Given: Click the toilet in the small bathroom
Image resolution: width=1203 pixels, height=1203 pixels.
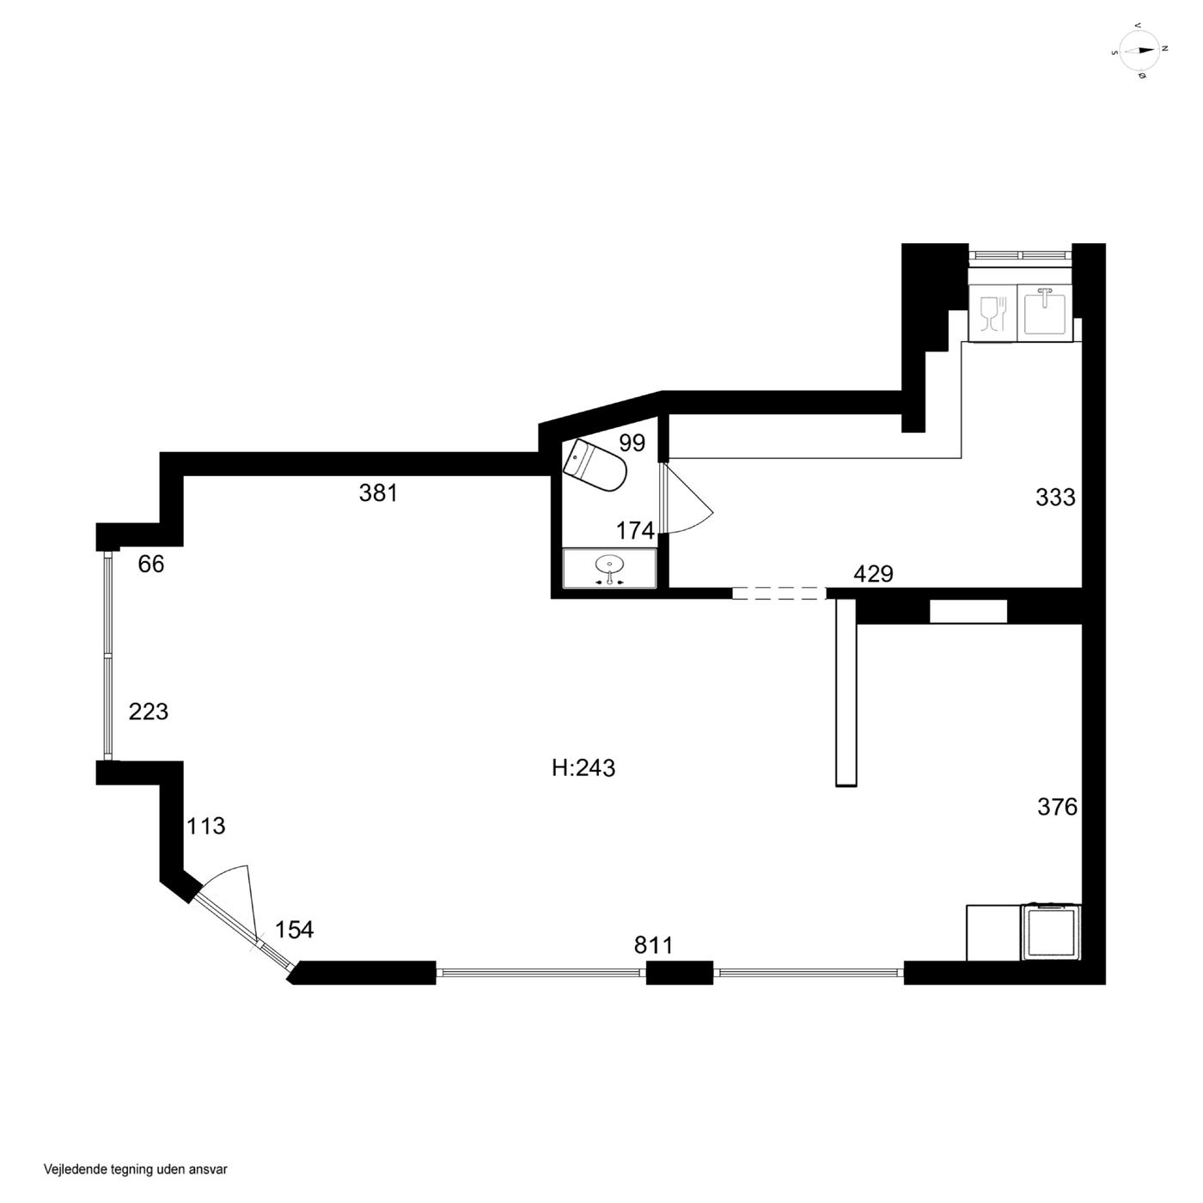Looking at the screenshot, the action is click(x=594, y=465).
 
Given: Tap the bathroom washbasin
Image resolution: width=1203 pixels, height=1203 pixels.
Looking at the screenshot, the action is click(x=609, y=568).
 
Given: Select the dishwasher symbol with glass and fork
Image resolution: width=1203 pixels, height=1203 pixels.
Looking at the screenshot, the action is click(x=992, y=313).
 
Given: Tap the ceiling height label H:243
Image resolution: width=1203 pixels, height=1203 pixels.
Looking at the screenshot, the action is click(x=583, y=768).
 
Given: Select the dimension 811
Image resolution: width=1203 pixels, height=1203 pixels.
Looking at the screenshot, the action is click(x=654, y=945).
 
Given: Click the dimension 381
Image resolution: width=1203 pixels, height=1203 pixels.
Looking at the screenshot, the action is click(x=378, y=493).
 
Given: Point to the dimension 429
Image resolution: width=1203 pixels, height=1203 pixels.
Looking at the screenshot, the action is click(x=873, y=574).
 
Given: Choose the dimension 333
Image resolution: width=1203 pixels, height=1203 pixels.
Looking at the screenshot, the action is click(x=1056, y=498).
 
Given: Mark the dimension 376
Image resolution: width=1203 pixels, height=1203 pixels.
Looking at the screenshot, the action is click(x=1058, y=807).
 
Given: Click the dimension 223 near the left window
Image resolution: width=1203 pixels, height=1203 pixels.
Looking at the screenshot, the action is click(x=149, y=711).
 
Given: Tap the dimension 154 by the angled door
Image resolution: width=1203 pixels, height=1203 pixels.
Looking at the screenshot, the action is click(x=294, y=930).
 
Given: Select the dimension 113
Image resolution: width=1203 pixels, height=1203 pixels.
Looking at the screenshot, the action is click(x=206, y=826).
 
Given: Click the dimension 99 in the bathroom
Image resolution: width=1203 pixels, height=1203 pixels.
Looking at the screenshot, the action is click(x=632, y=443).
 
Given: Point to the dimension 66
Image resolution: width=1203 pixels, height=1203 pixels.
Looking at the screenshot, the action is click(x=151, y=564).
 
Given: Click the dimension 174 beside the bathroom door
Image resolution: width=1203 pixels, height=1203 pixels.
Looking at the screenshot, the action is click(x=636, y=531).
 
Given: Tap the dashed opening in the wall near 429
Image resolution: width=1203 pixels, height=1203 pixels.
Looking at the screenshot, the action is click(x=779, y=593).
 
